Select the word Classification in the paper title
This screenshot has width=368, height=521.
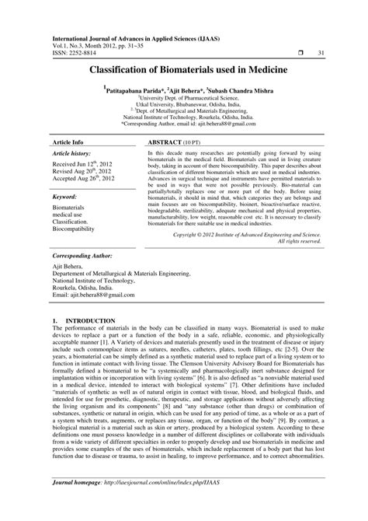128,69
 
